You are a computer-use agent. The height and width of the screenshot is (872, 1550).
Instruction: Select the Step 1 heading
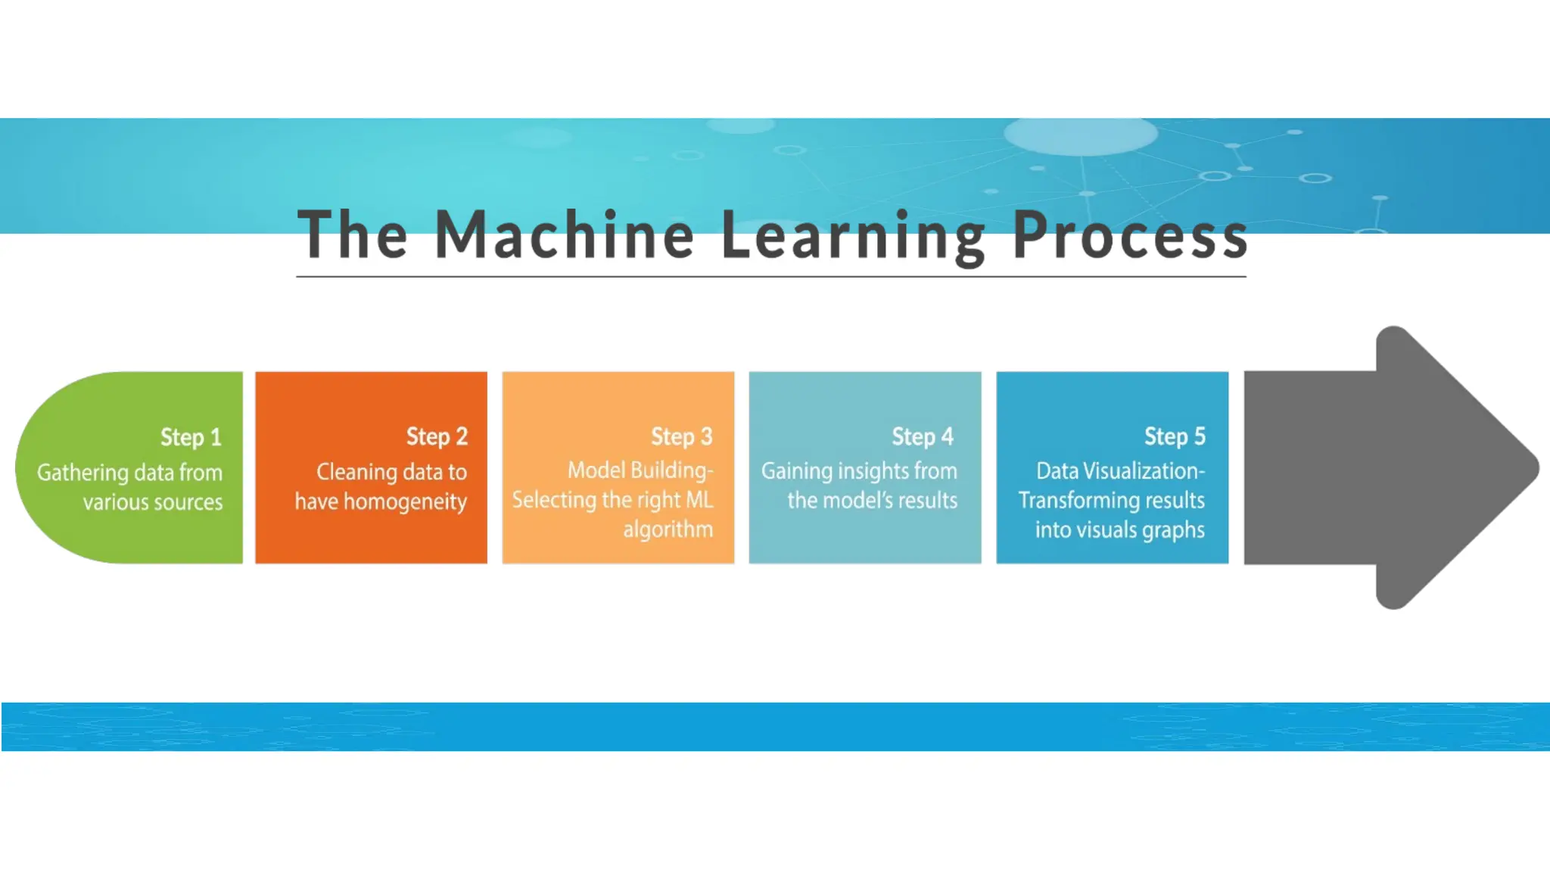click(x=191, y=437)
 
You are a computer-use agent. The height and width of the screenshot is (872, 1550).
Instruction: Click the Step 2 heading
click(x=437, y=436)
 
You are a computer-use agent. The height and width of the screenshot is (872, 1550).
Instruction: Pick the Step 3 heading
click(x=682, y=436)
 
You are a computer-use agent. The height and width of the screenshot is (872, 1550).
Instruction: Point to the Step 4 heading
click(x=923, y=436)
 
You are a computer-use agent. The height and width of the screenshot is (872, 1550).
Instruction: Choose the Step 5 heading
click(x=1175, y=436)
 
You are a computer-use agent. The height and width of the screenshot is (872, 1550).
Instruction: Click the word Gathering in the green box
click(x=82, y=473)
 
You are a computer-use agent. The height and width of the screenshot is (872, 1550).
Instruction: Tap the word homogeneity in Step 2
click(x=405, y=502)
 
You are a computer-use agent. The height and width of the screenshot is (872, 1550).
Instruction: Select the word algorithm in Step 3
click(x=668, y=529)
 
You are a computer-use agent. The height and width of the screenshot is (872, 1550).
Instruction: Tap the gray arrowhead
click(x=1438, y=467)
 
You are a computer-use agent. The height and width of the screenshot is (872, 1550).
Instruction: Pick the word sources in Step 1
click(x=189, y=502)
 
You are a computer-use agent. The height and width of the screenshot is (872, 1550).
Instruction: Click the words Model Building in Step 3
click(x=639, y=470)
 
